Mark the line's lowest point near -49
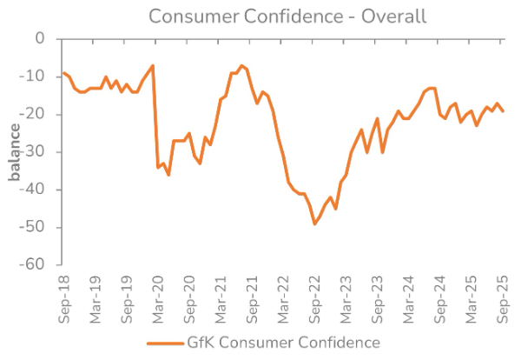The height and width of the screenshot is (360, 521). [314, 223]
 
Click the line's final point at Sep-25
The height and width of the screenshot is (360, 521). [503, 110]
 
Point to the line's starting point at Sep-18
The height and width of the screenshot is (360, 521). [63, 73]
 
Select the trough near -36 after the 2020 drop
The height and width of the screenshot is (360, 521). [168, 175]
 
